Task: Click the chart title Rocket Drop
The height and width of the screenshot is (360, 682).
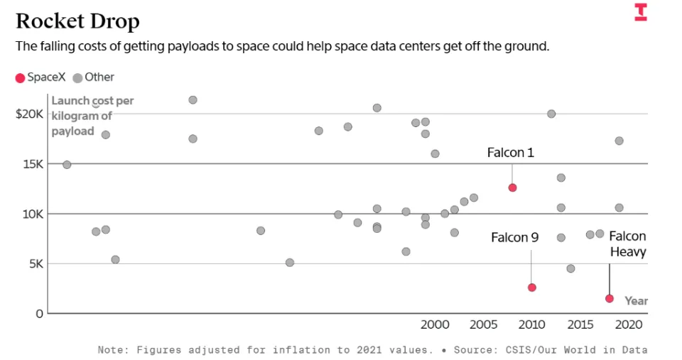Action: (x=77, y=21)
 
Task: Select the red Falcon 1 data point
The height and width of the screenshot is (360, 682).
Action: (x=512, y=187)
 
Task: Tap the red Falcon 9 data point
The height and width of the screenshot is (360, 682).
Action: (x=531, y=288)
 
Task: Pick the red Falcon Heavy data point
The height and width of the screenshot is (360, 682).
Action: (x=610, y=298)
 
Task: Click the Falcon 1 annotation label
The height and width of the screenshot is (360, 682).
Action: (x=510, y=153)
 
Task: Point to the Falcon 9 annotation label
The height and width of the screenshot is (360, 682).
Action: (x=514, y=237)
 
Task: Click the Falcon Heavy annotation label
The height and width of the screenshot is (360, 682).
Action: (x=627, y=244)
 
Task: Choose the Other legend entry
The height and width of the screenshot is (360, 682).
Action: (x=94, y=77)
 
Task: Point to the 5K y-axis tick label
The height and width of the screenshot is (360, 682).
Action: (x=35, y=263)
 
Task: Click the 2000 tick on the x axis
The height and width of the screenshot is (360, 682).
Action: (x=435, y=324)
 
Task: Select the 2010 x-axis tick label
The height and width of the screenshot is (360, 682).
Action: (x=532, y=324)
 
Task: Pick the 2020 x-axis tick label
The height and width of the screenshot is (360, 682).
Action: (x=629, y=324)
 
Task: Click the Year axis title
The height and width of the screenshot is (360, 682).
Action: (x=636, y=300)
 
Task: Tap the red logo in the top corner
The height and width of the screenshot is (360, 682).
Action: (x=641, y=12)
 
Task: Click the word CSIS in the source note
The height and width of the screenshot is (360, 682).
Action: (x=508, y=349)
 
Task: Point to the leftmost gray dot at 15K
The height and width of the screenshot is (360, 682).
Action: (x=67, y=165)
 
